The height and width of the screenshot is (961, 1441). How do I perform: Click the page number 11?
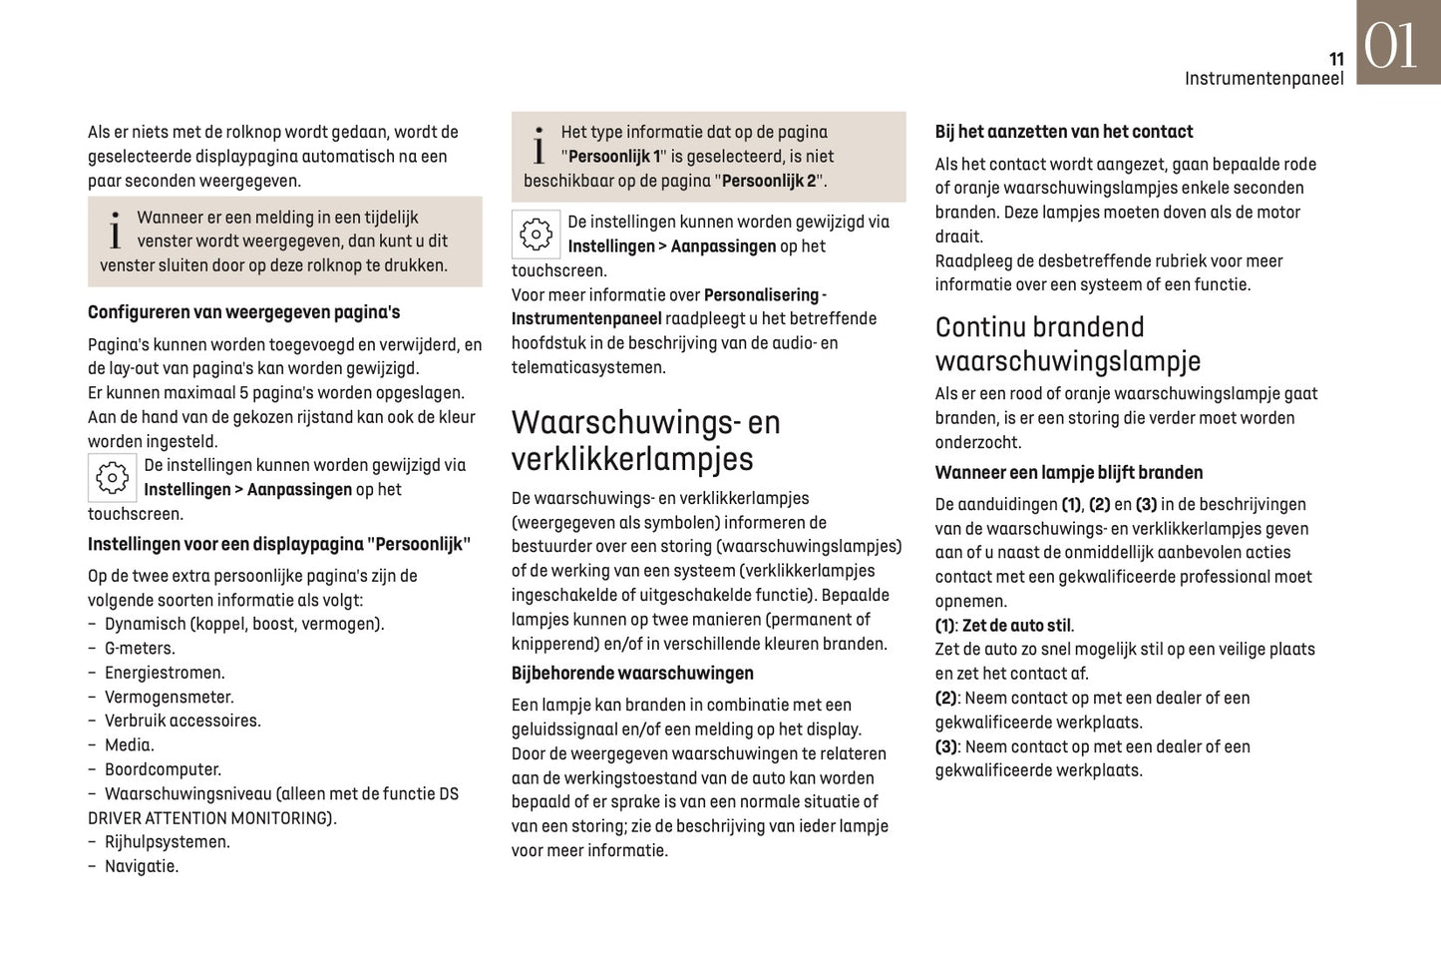point(1336,59)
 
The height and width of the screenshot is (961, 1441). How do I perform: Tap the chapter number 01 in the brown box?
point(1390,46)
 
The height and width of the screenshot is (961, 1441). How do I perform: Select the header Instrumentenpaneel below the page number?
point(1263,79)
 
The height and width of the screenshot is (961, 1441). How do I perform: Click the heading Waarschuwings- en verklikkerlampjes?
point(645,440)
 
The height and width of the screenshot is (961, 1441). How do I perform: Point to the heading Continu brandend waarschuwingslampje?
point(1067,344)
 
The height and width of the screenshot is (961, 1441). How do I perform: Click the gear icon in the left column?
point(112,478)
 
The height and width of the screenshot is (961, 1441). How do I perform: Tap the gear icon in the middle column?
point(536,235)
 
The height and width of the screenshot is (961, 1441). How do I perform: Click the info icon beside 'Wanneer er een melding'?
point(115,231)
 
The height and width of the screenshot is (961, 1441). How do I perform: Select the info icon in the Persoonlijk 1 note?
point(539,146)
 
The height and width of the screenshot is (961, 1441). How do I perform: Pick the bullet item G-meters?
point(140,649)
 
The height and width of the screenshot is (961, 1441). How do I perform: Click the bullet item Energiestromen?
point(165,673)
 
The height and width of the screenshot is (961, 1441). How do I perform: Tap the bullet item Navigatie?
point(142,866)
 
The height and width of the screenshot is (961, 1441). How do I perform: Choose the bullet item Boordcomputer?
point(163,769)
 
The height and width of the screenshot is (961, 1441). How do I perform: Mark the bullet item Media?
point(129,745)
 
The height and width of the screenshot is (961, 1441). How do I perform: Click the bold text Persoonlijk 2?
point(768,182)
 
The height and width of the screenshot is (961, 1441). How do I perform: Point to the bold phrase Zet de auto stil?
point(1016,626)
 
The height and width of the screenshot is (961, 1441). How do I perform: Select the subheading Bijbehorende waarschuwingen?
point(632,674)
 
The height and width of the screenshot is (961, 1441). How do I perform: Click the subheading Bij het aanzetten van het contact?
point(1063,132)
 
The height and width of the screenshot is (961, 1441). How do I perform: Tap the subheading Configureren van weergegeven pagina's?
point(243,312)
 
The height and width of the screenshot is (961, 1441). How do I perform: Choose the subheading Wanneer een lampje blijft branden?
point(1068,473)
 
